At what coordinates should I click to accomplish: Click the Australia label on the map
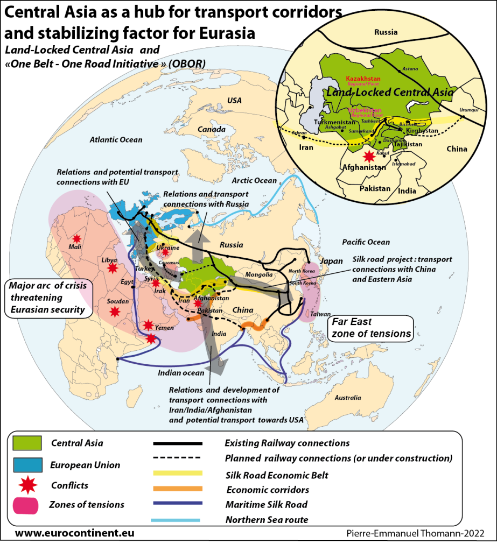(347, 398)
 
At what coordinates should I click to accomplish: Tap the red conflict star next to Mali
(76, 238)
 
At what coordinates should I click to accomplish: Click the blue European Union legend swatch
(26, 464)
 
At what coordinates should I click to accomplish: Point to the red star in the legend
(26, 485)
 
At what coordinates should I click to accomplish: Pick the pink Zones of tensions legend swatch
(26, 505)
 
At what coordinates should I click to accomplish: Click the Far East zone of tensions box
(370, 327)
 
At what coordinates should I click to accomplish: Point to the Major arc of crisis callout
(48, 296)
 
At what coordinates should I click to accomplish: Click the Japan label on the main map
(332, 262)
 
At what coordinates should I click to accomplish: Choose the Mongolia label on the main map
(258, 274)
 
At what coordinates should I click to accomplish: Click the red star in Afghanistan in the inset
(369, 157)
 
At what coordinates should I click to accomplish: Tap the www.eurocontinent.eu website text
(74, 533)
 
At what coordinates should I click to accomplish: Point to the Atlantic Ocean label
(116, 140)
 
